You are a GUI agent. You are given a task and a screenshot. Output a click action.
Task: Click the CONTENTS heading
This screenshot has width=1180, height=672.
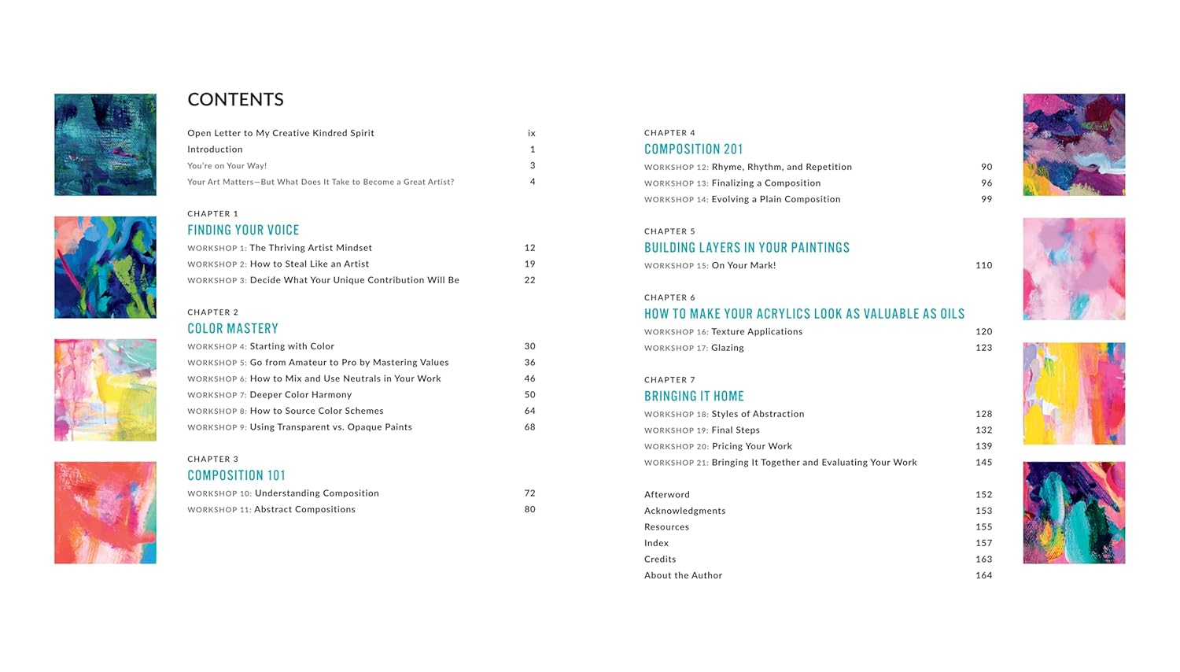click(x=235, y=100)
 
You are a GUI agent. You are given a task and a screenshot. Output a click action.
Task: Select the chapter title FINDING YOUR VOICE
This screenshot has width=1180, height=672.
click(x=243, y=230)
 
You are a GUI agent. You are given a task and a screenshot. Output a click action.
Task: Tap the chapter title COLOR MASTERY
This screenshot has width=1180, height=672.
click(x=233, y=328)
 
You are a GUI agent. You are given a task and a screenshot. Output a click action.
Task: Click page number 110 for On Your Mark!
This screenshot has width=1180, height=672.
click(x=983, y=265)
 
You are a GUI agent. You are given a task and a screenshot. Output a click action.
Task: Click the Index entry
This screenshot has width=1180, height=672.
click(x=656, y=543)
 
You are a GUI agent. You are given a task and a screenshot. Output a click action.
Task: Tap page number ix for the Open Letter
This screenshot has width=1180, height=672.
click(x=532, y=133)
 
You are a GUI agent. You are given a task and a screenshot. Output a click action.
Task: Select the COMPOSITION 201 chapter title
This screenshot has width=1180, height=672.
click(x=693, y=149)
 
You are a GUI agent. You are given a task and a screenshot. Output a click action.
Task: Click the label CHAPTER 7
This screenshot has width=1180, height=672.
click(x=669, y=380)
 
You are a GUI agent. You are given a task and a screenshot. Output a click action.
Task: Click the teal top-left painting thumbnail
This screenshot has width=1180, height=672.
click(x=105, y=145)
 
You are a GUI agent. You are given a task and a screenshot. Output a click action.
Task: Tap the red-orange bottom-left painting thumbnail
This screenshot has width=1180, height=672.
click(x=105, y=512)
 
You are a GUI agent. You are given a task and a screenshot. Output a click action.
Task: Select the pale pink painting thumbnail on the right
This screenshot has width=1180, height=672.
click(x=1074, y=268)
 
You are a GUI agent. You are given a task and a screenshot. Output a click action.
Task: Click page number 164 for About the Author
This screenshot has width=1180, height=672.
click(x=983, y=575)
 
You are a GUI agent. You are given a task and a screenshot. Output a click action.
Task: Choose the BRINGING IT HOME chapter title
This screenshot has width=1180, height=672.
click(x=694, y=396)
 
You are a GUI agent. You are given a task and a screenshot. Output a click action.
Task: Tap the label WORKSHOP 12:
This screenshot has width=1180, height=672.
click(x=677, y=168)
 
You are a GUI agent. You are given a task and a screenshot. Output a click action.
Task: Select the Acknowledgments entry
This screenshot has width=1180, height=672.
click(x=684, y=511)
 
